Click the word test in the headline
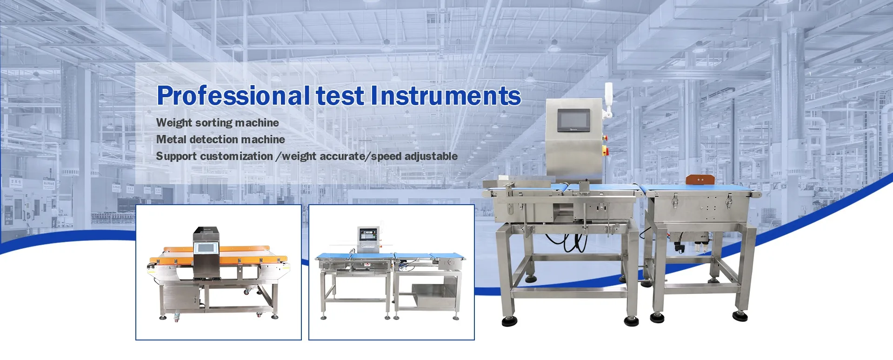340,96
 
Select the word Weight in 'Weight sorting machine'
174,123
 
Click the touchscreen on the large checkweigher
573,120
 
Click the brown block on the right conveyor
700,180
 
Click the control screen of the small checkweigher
367,234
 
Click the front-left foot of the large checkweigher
510,321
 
